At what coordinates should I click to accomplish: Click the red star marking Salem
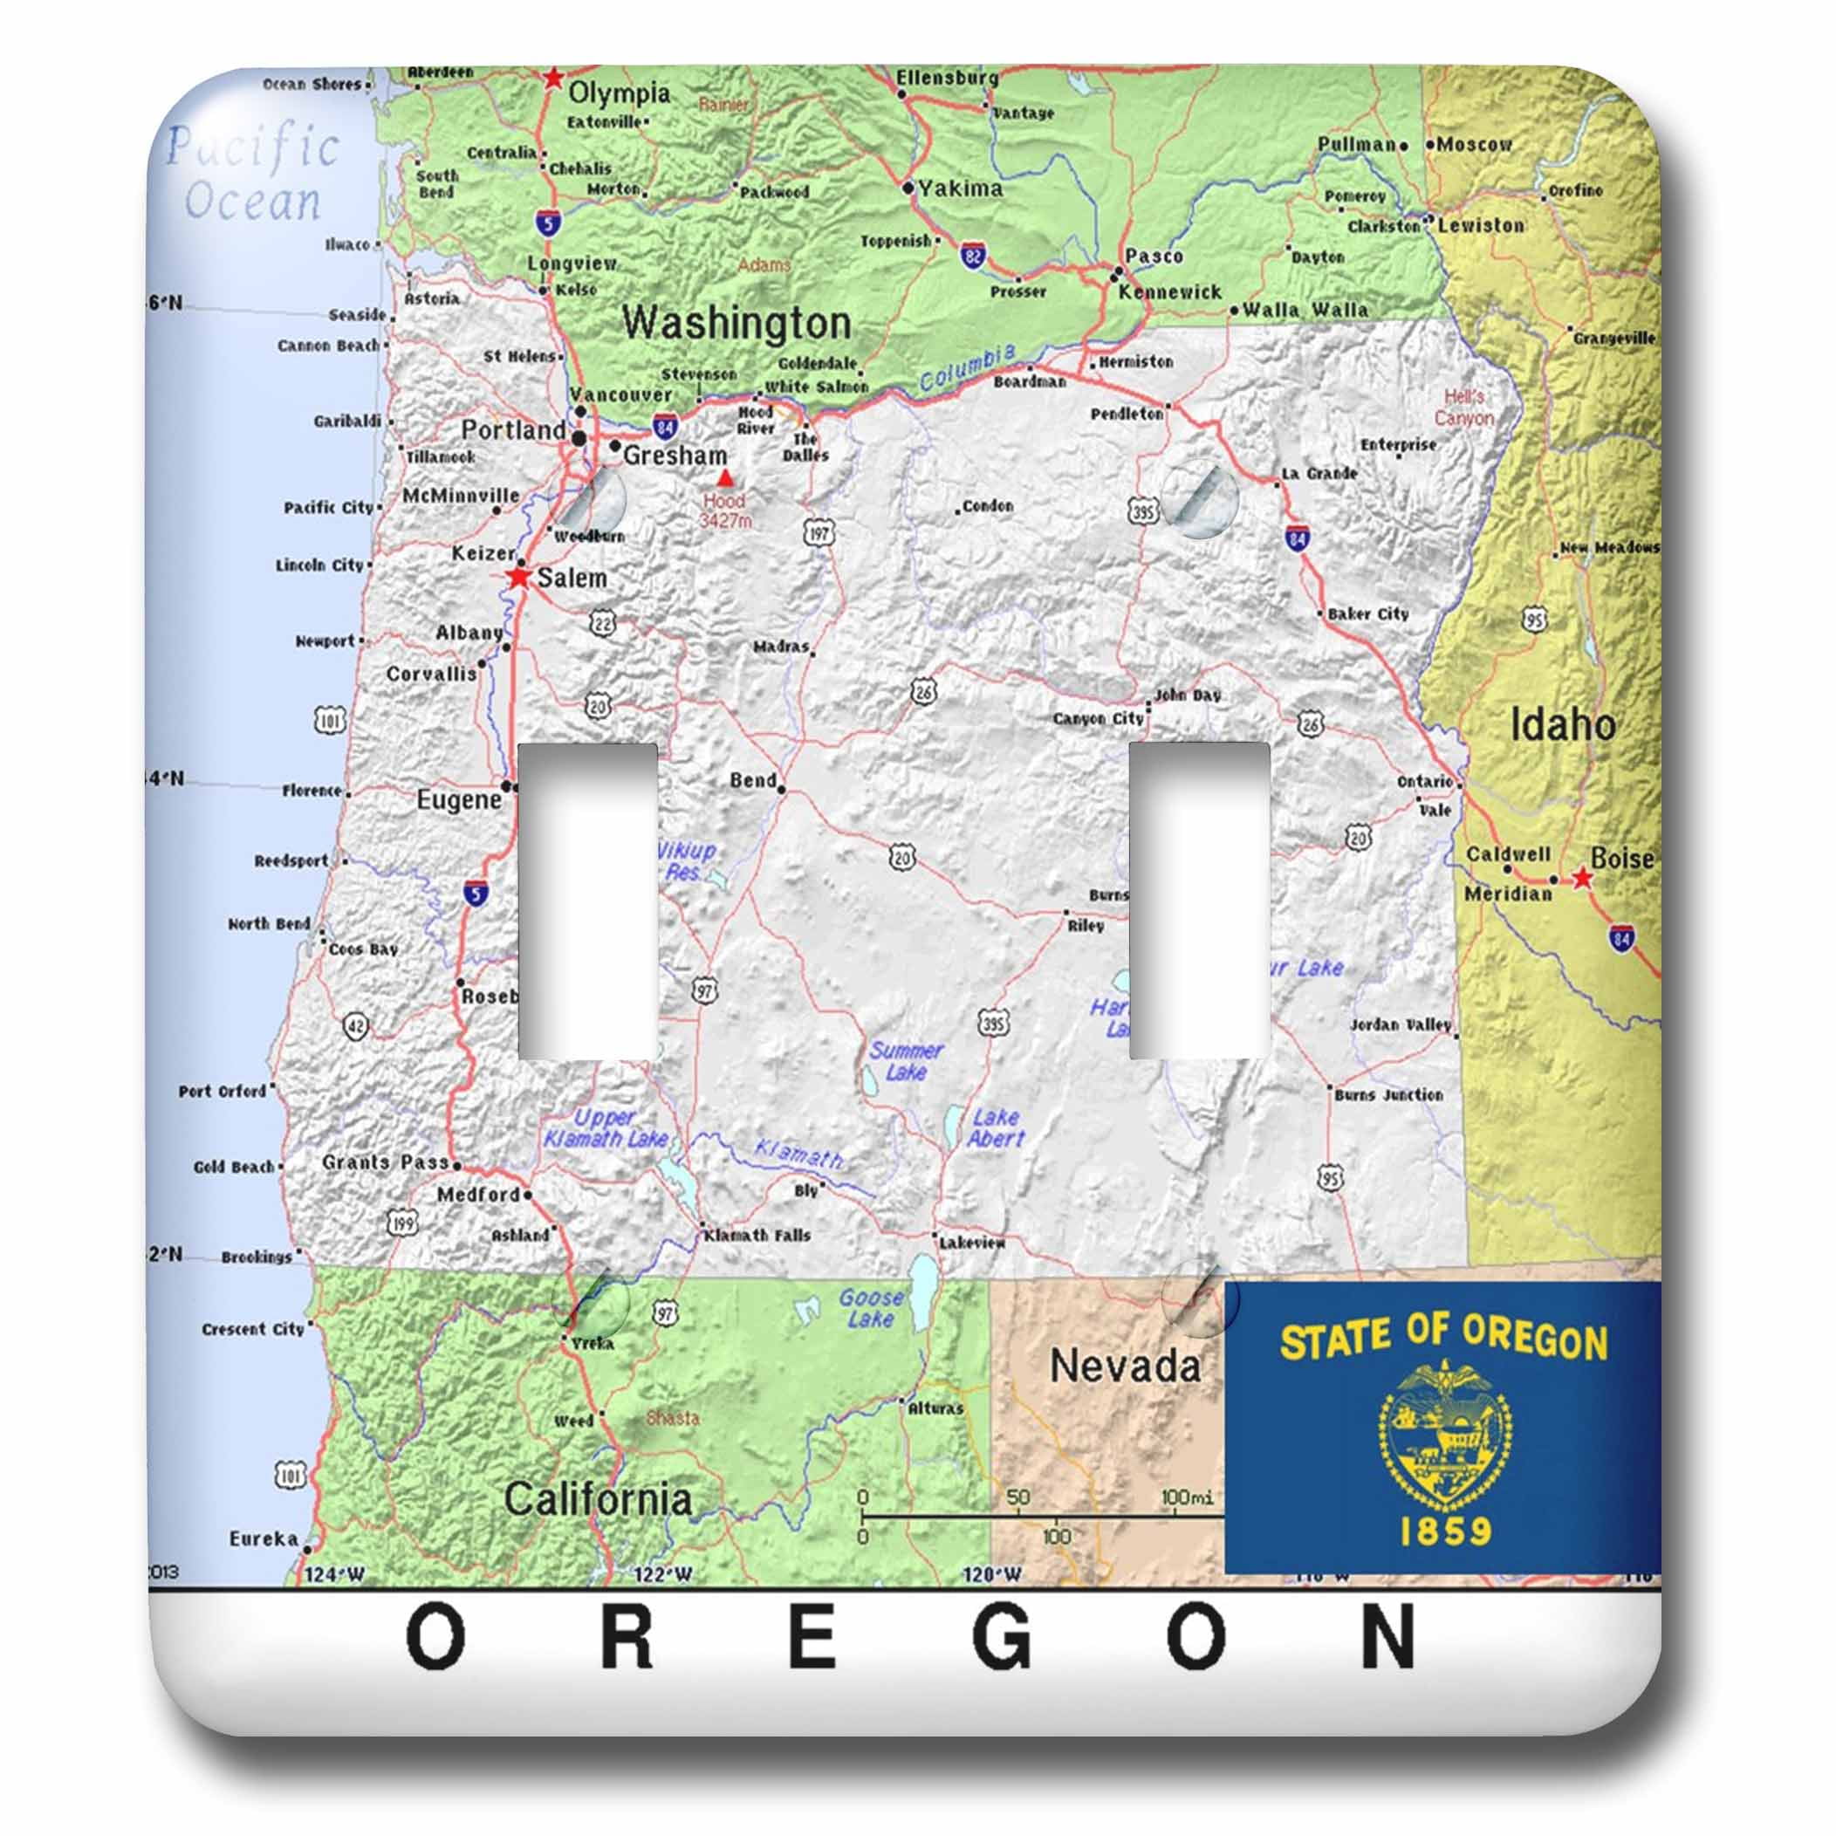(x=519, y=577)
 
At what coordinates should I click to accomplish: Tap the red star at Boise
(x=1581, y=878)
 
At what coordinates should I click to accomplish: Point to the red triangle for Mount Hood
(x=725, y=478)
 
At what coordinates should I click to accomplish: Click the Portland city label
(x=513, y=430)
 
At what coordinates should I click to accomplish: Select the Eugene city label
(x=458, y=799)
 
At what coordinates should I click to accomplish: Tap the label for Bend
(x=753, y=780)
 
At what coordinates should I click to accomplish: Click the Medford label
(x=478, y=1195)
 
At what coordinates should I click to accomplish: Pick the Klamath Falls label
(x=757, y=1236)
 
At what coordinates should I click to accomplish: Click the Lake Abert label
(x=996, y=1128)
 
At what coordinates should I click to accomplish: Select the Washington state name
(x=736, y=323)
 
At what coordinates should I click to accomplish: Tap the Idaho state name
(x=1562, y=726)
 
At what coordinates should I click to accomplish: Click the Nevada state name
(x=1124, y=1367)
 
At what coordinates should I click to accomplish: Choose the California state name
(x=597, y=1499)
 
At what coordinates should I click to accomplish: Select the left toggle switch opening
(x=587, y=900)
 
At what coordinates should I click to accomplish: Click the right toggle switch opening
(x=1198, y=900)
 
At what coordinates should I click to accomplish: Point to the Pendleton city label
(x=1126, y=414)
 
